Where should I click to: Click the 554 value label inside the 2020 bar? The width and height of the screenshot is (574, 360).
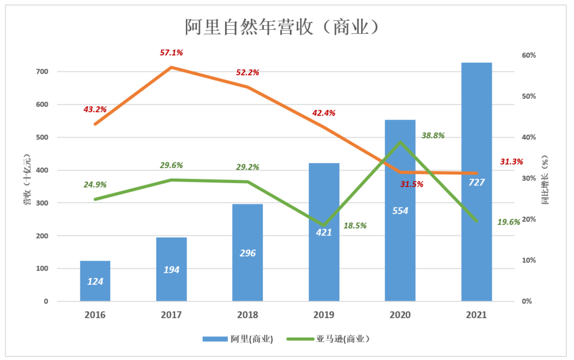tap(400, 211)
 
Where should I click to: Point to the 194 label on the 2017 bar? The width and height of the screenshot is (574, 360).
tap(171, 269)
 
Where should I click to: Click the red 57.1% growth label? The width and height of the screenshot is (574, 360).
tap(171, 53)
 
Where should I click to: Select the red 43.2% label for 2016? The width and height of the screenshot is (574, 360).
tap(95, 109)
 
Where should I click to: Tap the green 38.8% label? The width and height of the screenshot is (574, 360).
tap(433, 136)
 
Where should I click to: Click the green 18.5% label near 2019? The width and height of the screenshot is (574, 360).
tap(355, 226)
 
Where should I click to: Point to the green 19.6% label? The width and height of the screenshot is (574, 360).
tap(509, 222)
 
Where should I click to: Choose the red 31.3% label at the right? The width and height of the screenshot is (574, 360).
tap(511, 162)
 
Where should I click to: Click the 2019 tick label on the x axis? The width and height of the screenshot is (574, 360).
tap(324, 315)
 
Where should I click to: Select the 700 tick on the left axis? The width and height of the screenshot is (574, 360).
tap(59, 72)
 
